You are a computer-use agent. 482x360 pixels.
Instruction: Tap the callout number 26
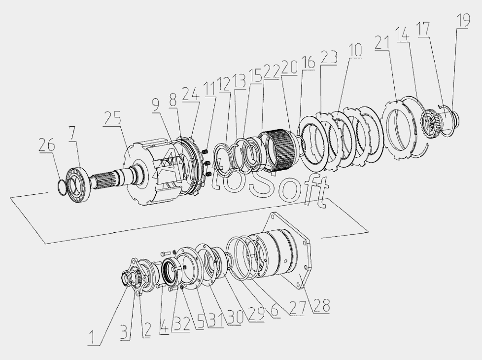click(x=47, y=144)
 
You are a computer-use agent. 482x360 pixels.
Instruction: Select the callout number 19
click(x=463, y=20)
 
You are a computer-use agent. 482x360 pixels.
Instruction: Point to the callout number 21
click(x=382, y=42)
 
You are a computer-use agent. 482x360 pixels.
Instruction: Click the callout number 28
click(x=322, y=306)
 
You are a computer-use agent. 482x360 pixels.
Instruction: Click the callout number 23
click(x=329, y=57)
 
